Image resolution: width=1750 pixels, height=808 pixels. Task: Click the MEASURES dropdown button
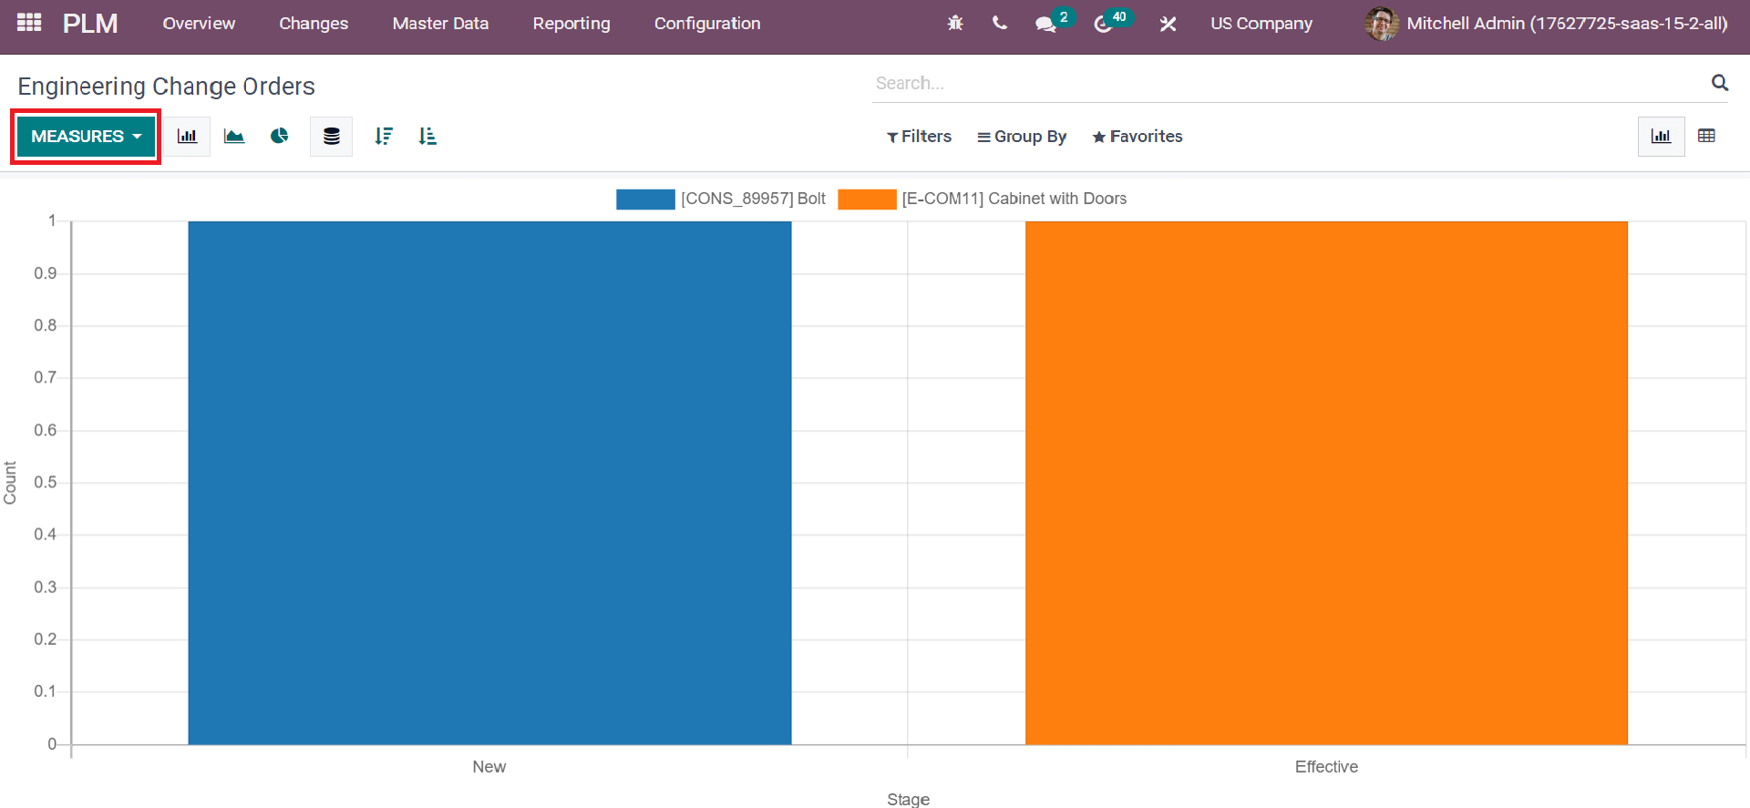86,137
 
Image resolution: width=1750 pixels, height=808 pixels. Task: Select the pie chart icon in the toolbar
280,137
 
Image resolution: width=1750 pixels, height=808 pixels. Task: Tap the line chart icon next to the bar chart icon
234,137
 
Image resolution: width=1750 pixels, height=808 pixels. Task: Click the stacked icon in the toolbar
331,137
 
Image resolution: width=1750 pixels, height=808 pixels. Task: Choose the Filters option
919,137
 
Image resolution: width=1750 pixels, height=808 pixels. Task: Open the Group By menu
1022,137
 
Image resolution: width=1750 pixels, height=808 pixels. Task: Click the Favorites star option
1137,137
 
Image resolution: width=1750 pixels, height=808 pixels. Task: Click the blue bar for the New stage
489,483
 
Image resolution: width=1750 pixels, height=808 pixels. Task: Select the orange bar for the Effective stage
1326,483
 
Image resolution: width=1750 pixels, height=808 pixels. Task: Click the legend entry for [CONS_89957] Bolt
721,199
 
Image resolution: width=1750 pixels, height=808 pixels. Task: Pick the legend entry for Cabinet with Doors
983,199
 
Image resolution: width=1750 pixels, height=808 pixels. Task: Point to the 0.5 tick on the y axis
46,482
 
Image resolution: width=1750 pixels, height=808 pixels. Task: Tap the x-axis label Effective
1326,767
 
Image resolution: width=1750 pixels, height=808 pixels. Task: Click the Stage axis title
909,799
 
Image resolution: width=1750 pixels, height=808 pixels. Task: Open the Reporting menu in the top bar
571,24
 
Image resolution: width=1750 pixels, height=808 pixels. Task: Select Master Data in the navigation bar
440,24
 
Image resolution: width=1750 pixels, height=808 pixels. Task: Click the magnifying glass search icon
1720,83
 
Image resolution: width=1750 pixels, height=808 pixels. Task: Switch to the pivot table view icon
1707,136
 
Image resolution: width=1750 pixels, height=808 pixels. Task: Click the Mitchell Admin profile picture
1382,24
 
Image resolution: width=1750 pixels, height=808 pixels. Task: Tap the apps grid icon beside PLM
29,23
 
